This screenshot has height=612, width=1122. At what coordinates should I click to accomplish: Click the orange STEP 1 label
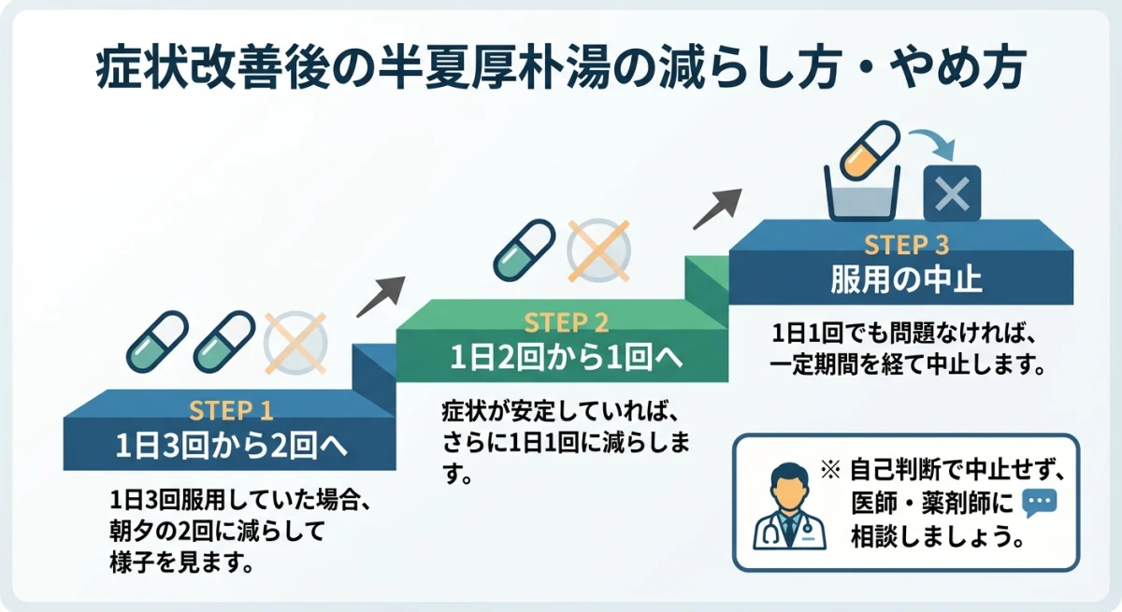pyautogui.click(x=230, y=411)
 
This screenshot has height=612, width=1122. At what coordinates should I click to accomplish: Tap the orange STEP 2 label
pyautogui.click(x=567, y=323)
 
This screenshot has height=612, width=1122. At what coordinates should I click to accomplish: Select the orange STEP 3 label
pyautogui.click(x=906, y=246)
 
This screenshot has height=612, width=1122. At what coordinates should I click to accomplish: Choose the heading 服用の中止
pyautogui.click(x=906, y=279)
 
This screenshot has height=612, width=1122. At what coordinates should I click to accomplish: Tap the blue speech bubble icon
pyautogui.click(x=1040, y=505)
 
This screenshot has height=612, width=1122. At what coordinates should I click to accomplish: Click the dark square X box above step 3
pyautogui.click(x=952, y=193)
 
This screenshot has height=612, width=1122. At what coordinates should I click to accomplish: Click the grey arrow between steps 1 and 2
pyautogui.click(x=381, y=296)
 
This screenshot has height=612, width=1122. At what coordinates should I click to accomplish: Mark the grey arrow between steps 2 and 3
pyautogui.click(x=717, y=208)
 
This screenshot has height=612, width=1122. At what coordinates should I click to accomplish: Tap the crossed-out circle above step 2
pyautogui.click(x=598, y=250)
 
